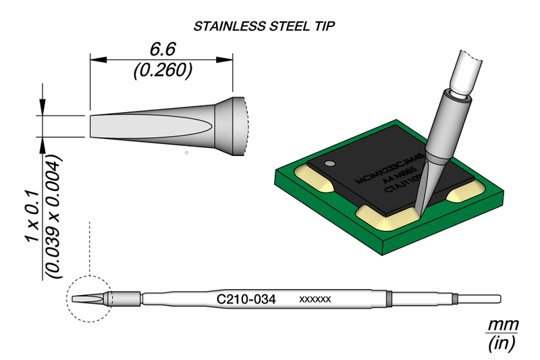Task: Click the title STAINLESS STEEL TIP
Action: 265,26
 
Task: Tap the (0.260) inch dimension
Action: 162,70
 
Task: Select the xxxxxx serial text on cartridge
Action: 314,299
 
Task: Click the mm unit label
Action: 503,325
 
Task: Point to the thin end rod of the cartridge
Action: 479,299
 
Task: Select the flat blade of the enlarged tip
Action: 135,126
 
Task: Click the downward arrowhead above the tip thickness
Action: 43,108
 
